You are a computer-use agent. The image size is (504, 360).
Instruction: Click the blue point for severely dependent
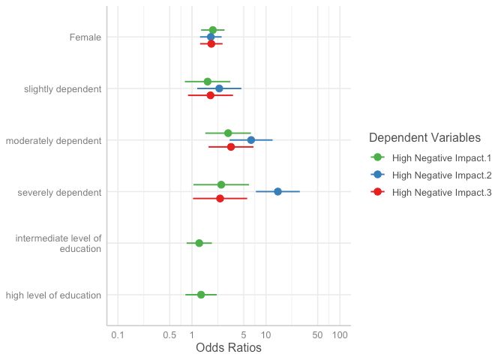pos(277,192)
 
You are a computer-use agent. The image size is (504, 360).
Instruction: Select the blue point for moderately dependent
pos(250,140)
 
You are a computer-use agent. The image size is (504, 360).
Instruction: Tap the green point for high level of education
pos(201,295)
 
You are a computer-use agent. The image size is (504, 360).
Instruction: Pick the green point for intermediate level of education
pos(199,243)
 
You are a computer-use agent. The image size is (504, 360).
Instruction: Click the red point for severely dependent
pos(220,199)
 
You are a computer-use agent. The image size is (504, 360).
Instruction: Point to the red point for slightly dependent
pos(210,95)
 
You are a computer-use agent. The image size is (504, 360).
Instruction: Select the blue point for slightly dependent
pos(219,88)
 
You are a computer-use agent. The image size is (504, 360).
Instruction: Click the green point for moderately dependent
pos(228,133)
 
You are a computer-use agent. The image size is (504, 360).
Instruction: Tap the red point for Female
pos(211,43)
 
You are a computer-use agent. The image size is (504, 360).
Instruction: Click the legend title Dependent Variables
pos(424,138)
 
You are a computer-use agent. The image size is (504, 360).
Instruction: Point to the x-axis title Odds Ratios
pos(228,349)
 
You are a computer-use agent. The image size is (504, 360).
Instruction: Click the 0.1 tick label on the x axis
pos(117,334)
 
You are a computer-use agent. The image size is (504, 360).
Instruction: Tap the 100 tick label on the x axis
pos(340,334)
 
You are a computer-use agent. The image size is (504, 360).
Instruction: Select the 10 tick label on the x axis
pos(265,334)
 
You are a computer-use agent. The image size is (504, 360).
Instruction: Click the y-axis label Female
pos(85,37)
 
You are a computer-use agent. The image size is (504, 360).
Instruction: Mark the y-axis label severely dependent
pos(58,192)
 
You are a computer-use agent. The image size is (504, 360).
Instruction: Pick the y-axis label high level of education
pos(53,295)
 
